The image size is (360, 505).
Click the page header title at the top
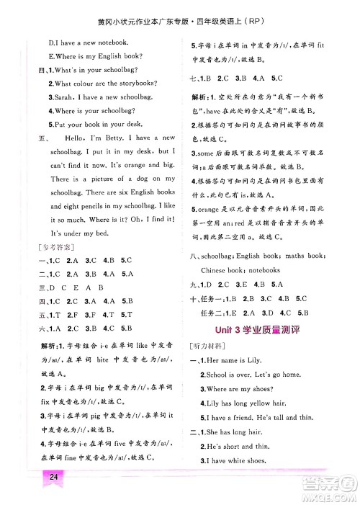point(180,9)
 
